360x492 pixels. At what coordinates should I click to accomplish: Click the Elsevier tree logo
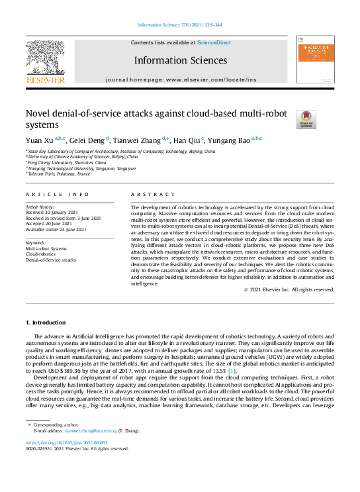(46, 58)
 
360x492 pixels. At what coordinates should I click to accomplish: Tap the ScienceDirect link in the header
(214, 42)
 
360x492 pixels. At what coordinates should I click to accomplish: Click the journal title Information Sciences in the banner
(180, 60)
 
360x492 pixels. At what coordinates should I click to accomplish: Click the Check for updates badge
(306, 119)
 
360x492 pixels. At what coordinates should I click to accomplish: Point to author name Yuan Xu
(40, 140)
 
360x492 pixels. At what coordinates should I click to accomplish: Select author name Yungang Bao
(225, 140)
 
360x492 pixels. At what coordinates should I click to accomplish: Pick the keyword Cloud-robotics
(41, 254)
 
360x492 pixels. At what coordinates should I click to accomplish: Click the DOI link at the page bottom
(66, 443)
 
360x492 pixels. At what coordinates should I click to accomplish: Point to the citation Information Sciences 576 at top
(179, 25)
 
